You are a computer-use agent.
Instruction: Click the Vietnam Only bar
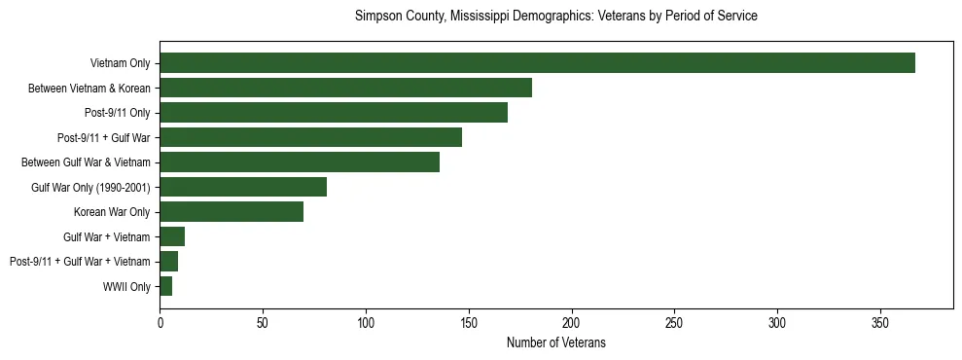[x=537, y=63]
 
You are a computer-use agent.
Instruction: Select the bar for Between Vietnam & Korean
[x=345, y=88]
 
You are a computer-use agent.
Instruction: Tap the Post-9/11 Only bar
[x=334, y=113]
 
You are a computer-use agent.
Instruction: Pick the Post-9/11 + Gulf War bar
[x=310, y=137]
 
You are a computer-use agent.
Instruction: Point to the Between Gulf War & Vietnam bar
[x=300, y=162]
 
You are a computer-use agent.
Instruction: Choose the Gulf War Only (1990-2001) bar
[x=243, y=187]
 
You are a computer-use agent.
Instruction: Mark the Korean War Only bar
[x=232, y=211]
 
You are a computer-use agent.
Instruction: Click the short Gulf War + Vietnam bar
[x=172, y=236]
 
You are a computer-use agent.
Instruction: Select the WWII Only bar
[x=166, y=286]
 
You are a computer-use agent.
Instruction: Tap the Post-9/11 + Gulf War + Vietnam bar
[x=169, y=261]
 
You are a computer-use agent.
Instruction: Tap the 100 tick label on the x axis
[x=366, y=322]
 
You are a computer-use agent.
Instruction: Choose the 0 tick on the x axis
[x=160, y=322]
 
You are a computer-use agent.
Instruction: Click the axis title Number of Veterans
[x=556, y=342]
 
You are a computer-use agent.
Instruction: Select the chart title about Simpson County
[x=556, y=17]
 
